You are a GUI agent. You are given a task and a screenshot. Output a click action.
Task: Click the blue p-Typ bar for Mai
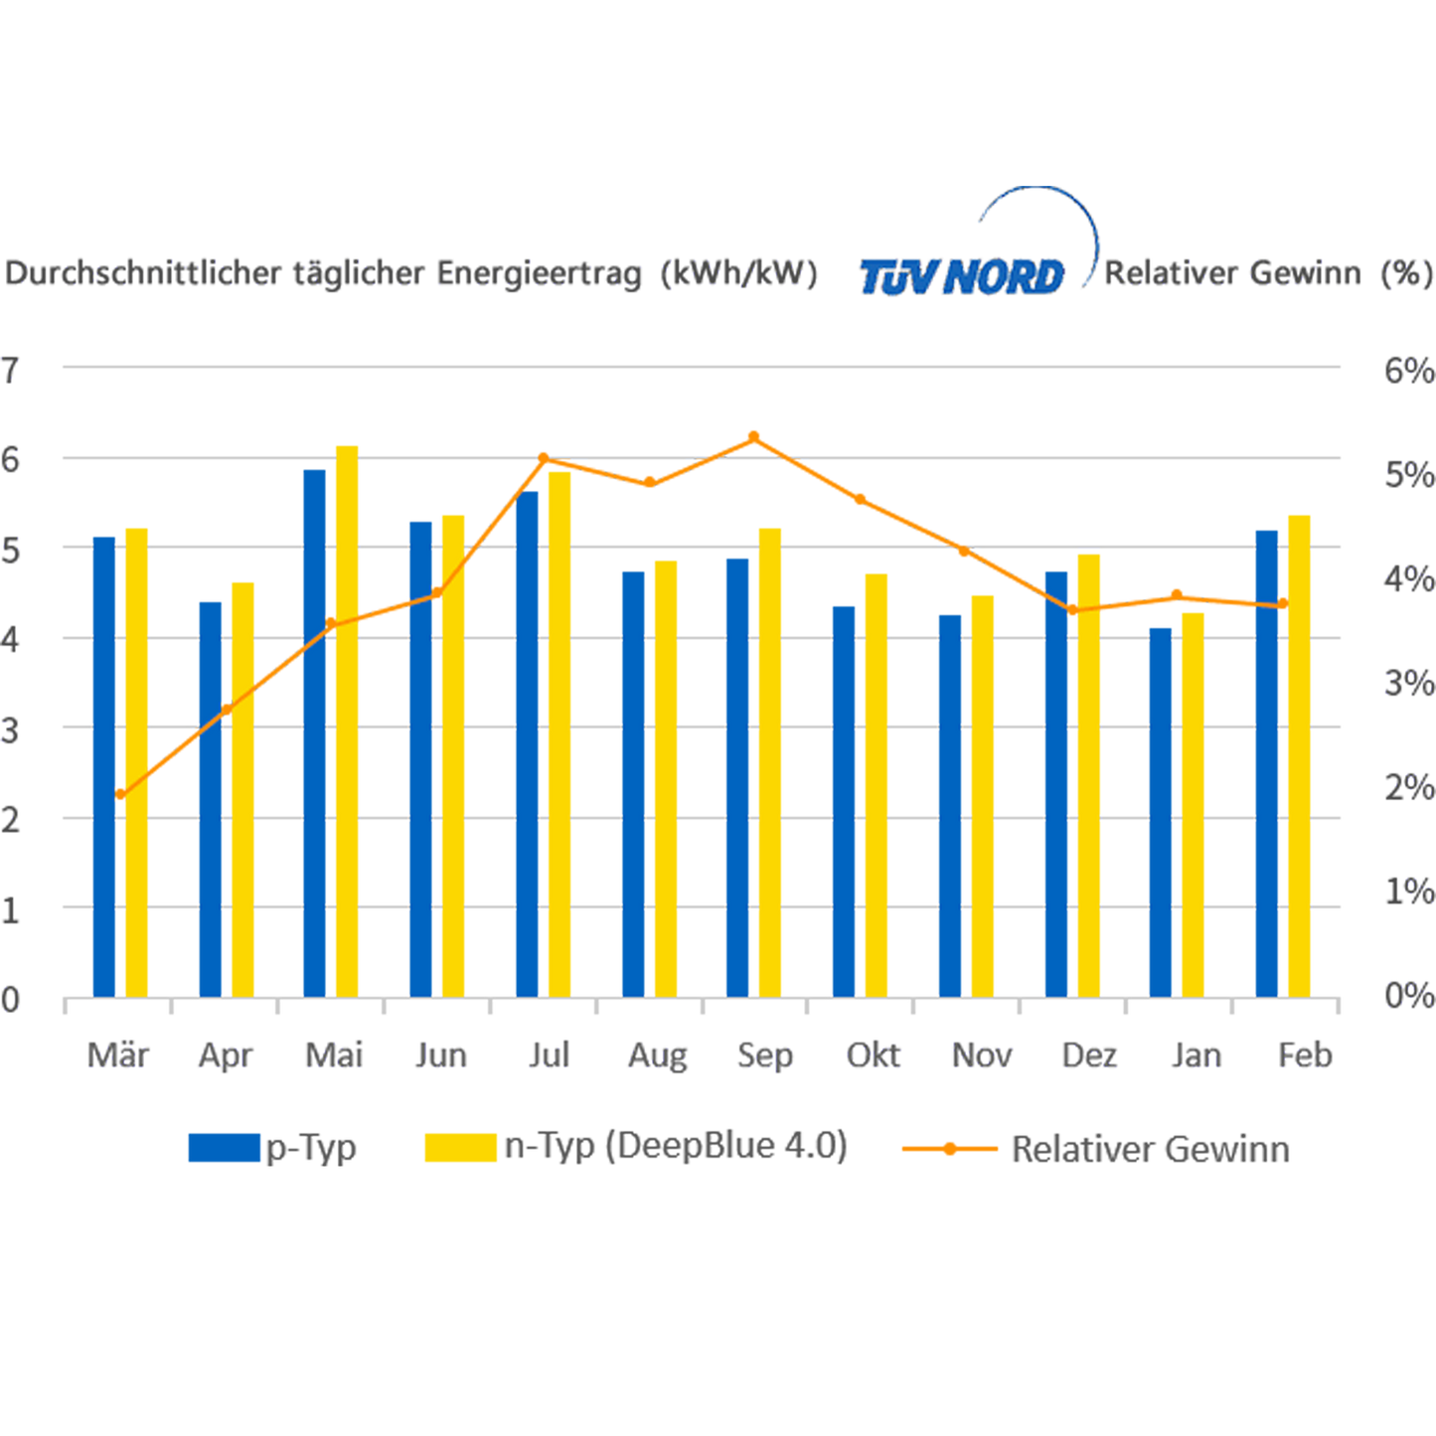tap(314, 730)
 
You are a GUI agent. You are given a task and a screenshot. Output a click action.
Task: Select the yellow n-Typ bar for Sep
tap(769, 760)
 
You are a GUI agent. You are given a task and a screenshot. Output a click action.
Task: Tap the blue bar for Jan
tap(1160, 810)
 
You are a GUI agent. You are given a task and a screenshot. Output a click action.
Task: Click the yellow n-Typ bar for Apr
tap(242, 787)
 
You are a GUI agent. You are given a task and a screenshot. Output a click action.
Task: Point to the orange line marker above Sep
tap(753, 436)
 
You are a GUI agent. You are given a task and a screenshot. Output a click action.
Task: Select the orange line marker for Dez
tap(1072, 610)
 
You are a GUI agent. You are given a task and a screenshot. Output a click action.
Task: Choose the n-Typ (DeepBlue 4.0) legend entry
tap(636, 1147)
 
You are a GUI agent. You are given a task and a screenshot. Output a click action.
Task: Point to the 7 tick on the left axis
tap(12, 371)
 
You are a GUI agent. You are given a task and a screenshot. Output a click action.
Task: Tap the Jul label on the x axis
tap(549, 1054)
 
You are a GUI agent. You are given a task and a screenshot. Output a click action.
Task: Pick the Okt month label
tap(874, 1054)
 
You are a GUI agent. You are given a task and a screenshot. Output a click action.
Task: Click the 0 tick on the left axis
tap(12, 999)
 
